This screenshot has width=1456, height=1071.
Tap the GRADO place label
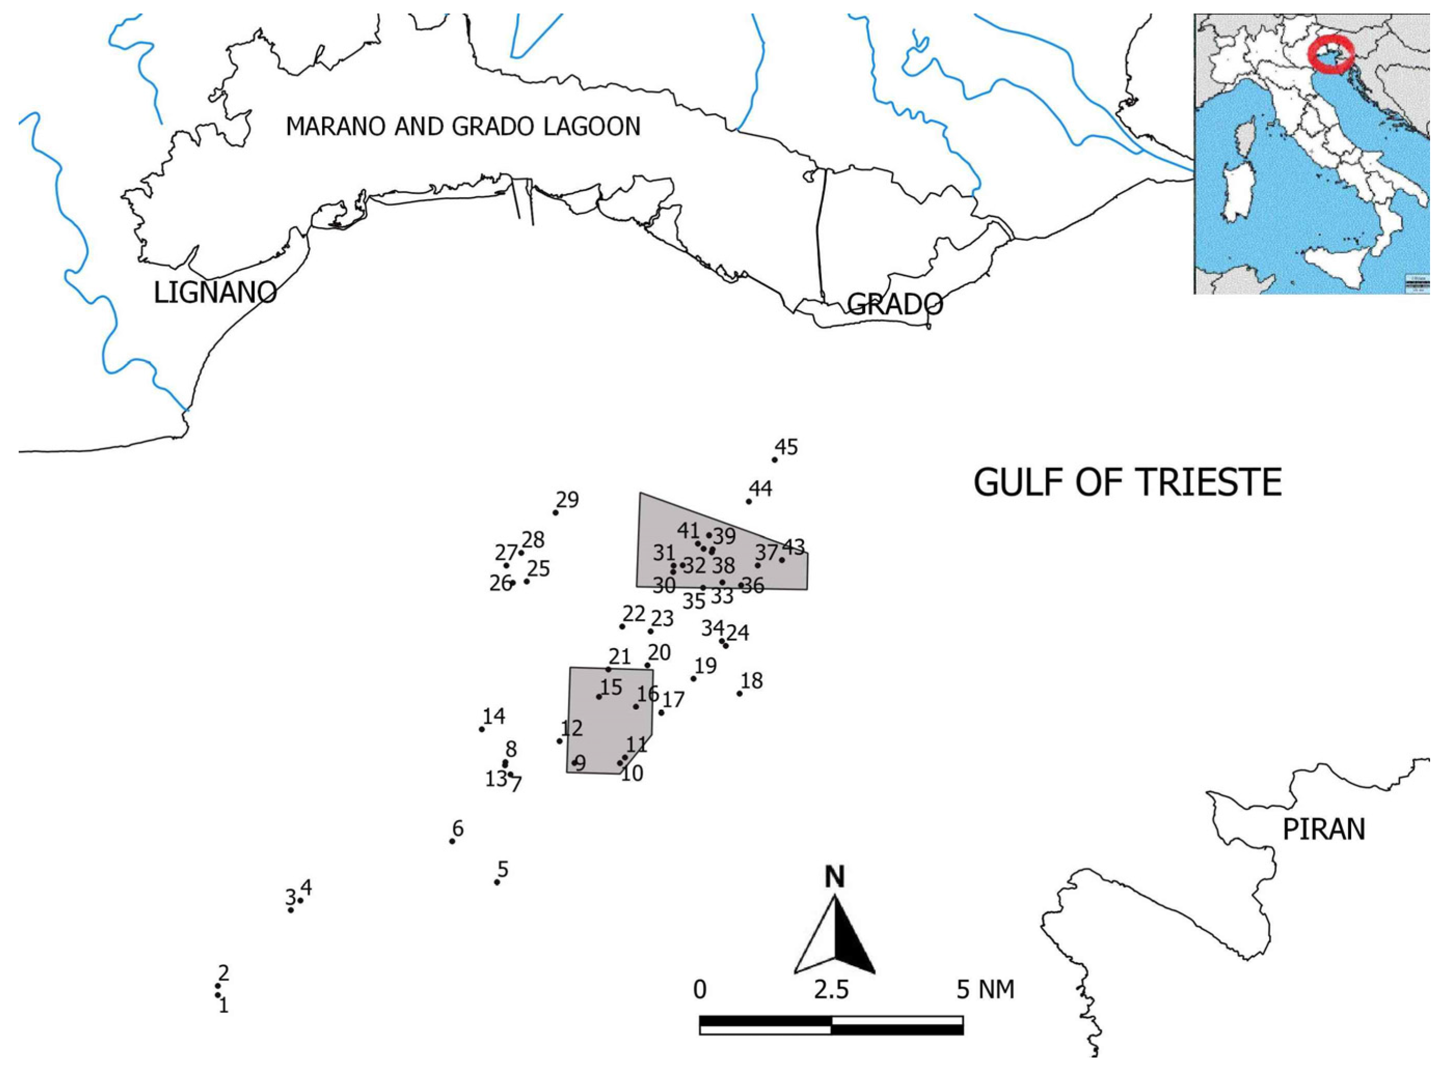[x=895, y=303]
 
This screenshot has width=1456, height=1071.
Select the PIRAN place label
[x=1324, y=829]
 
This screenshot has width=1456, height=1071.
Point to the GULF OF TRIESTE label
[x=1128, y=483]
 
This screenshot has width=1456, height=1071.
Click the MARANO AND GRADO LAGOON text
[x=463, y=127]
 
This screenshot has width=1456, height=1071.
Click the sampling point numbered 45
[x=774, y=460]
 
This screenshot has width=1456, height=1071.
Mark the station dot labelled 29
[x=556, y=513]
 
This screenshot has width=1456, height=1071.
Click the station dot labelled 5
[x=497, y=882]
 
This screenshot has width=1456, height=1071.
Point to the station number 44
[x=761, y=489]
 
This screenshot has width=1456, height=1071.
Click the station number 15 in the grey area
[x=611, y=686]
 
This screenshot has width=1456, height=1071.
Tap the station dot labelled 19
[x=694, y=679]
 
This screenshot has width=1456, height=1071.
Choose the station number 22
[x=634, y=613]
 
